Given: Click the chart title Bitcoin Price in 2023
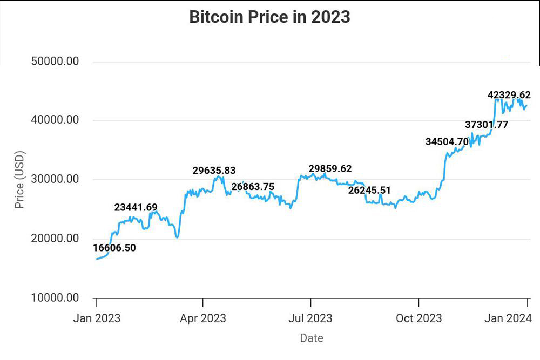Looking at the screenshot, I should click(x=269, y=17).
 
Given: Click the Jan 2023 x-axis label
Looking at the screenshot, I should click(x=97, y=318).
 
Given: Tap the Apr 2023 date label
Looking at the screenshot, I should click(x=203, y=318).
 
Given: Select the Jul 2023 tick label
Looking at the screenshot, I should click(x=310, y=318).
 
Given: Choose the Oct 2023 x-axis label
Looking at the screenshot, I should click(x=418, y=318).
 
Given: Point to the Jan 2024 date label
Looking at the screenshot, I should click(x=508, y=318).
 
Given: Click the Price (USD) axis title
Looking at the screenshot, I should click(x=19, y=180).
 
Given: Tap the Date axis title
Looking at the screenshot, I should click(x=312, y=338).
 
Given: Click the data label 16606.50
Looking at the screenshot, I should click(x=114, y=248).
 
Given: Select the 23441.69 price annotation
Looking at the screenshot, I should click(x=136, y=207).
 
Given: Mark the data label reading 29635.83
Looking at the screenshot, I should click(x=214, y=171).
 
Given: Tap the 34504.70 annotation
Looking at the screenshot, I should click(x=447, y=142).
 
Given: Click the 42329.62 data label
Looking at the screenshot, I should click(x=509, y=95).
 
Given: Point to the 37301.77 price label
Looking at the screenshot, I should click(x=487, y=125).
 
